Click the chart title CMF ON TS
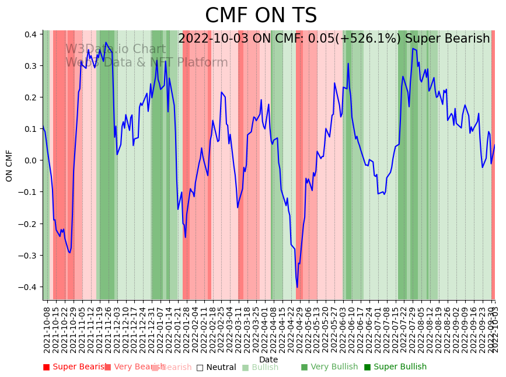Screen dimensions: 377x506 [261, 16]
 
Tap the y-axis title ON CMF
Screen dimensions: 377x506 [9, 165]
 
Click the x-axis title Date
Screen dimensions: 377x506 [268, 359]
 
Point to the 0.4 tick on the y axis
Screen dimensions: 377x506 [30, 34]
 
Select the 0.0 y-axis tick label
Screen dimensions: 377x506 [30, 160]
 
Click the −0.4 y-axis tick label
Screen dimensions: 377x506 [28, 287]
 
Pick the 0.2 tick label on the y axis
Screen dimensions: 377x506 [30, 97]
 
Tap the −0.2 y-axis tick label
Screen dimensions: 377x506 [28, 224]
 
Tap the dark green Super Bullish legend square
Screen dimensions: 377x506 [367, 367]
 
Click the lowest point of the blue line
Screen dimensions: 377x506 [296, 287]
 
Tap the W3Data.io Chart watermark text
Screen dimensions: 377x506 [116, 49]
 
